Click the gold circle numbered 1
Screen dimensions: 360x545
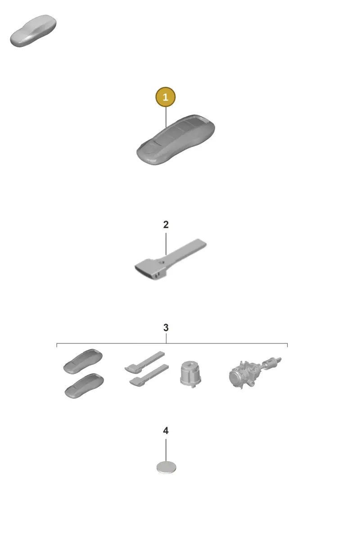[166, 97]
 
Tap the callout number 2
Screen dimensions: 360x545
[166, 225]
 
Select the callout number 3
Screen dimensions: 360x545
[166, 328]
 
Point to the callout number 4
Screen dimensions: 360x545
[166, 431]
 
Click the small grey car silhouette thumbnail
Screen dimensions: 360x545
[33, 31]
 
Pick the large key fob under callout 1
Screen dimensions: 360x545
[175, 140]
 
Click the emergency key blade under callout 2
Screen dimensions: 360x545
[171, 259]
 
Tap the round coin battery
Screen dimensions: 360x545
[166, 467]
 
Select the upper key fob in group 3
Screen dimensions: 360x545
[83, 361]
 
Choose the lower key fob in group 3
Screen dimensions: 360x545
[84, 386]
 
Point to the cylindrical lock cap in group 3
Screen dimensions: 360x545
[190, 374]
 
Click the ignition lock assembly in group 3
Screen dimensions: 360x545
[255, 373]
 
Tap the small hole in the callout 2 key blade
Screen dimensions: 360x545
[161, 262]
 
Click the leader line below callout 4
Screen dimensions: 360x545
[166, 450]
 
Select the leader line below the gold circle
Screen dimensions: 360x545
[166, 117]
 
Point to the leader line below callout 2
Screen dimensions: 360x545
[166, 244]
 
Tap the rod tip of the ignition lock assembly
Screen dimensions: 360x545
[280, 359]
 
